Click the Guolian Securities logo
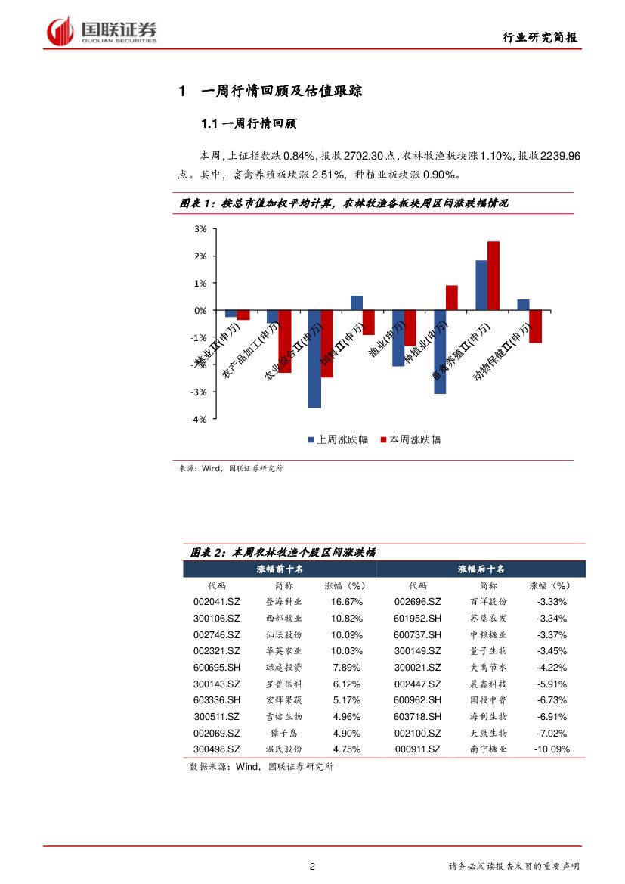click(102, 30)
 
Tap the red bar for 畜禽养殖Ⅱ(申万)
click(494, 275)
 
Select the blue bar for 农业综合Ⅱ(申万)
click(314, 358)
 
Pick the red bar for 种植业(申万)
click(452, 297)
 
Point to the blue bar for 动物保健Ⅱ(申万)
click(523, 305)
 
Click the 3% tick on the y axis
click(200, 228)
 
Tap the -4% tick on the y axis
click(200, 419)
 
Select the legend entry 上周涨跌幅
click(337, 439)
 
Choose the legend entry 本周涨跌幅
click(410, 439)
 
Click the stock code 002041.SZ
click(217, 602)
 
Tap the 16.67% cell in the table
click(347, 602)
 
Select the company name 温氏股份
click(284, 749)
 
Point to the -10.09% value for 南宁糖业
click(551, 749)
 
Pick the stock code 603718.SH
click(417, 717)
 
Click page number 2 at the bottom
click(312, 867)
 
